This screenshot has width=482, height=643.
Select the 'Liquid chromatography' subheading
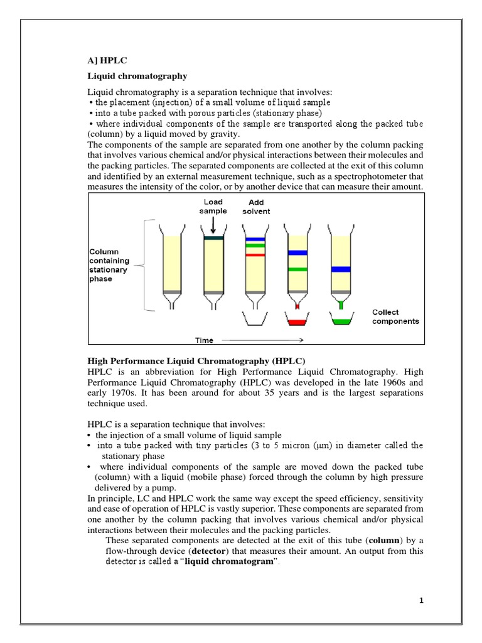click(137, 76)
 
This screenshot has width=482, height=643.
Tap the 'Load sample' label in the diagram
click(213, 207)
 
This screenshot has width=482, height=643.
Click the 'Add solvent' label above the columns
click(256, 207)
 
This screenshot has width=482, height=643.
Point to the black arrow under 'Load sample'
click(213, 224)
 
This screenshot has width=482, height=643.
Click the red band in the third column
click(255, 255)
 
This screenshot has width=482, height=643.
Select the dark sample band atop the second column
click(213, 237)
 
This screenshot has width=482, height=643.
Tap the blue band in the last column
click(341, 269)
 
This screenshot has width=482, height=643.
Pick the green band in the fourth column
click(297, 269)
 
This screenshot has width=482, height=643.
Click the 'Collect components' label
click(395, 316)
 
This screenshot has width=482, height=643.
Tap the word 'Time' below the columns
click(204, 340)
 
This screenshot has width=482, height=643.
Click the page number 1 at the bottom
click(422, 601)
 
